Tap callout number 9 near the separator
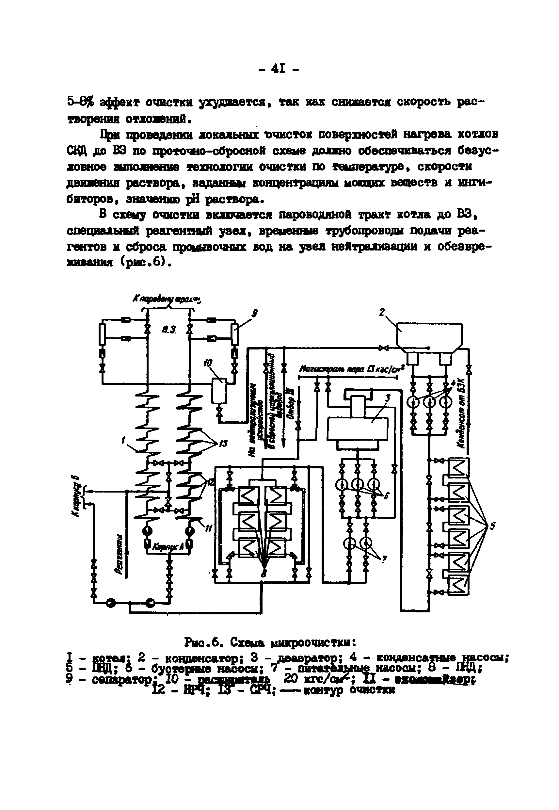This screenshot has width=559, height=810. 255,314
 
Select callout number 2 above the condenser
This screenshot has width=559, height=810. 382,312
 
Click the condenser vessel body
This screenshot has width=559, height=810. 429,334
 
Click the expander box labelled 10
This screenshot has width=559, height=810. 219,391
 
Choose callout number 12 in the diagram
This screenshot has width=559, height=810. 210,483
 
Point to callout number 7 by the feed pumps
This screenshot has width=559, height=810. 384,560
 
